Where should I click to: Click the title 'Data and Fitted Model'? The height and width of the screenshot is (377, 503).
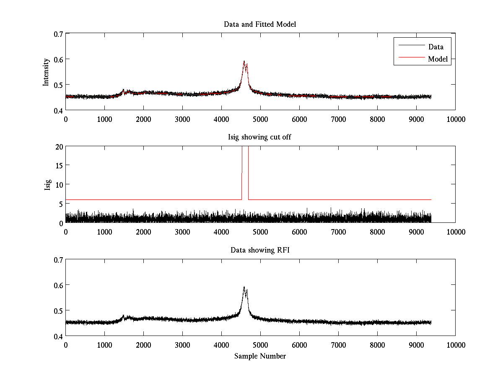[x=260, y=24]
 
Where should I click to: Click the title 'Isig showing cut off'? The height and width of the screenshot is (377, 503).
[x=260, y=137]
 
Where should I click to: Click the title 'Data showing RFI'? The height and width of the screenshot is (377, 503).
[x=260, y=250]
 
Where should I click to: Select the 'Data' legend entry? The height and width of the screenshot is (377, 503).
[x=436, y=47]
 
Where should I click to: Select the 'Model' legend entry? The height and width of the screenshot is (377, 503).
[x=438, y=59]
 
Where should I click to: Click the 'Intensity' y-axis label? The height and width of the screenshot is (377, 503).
[x=46, y=72]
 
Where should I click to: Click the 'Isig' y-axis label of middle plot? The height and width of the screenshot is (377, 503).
[x=47, y=185]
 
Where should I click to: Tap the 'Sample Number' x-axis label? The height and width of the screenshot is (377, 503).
[x=260, y=356]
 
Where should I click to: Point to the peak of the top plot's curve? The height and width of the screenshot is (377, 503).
[x=244, y=61]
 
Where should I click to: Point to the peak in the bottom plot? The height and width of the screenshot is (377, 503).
[x=244, y=287]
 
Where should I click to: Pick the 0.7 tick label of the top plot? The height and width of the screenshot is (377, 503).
[x=57, y=34]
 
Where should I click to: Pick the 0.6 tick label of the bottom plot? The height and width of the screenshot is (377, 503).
[x=57, y=285]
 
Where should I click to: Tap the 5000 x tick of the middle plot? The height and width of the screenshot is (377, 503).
[x=260, y=232]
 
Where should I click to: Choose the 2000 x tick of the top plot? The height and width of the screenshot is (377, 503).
[x=143, y=119]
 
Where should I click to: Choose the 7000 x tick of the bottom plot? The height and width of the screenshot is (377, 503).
[x=338, y=345]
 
